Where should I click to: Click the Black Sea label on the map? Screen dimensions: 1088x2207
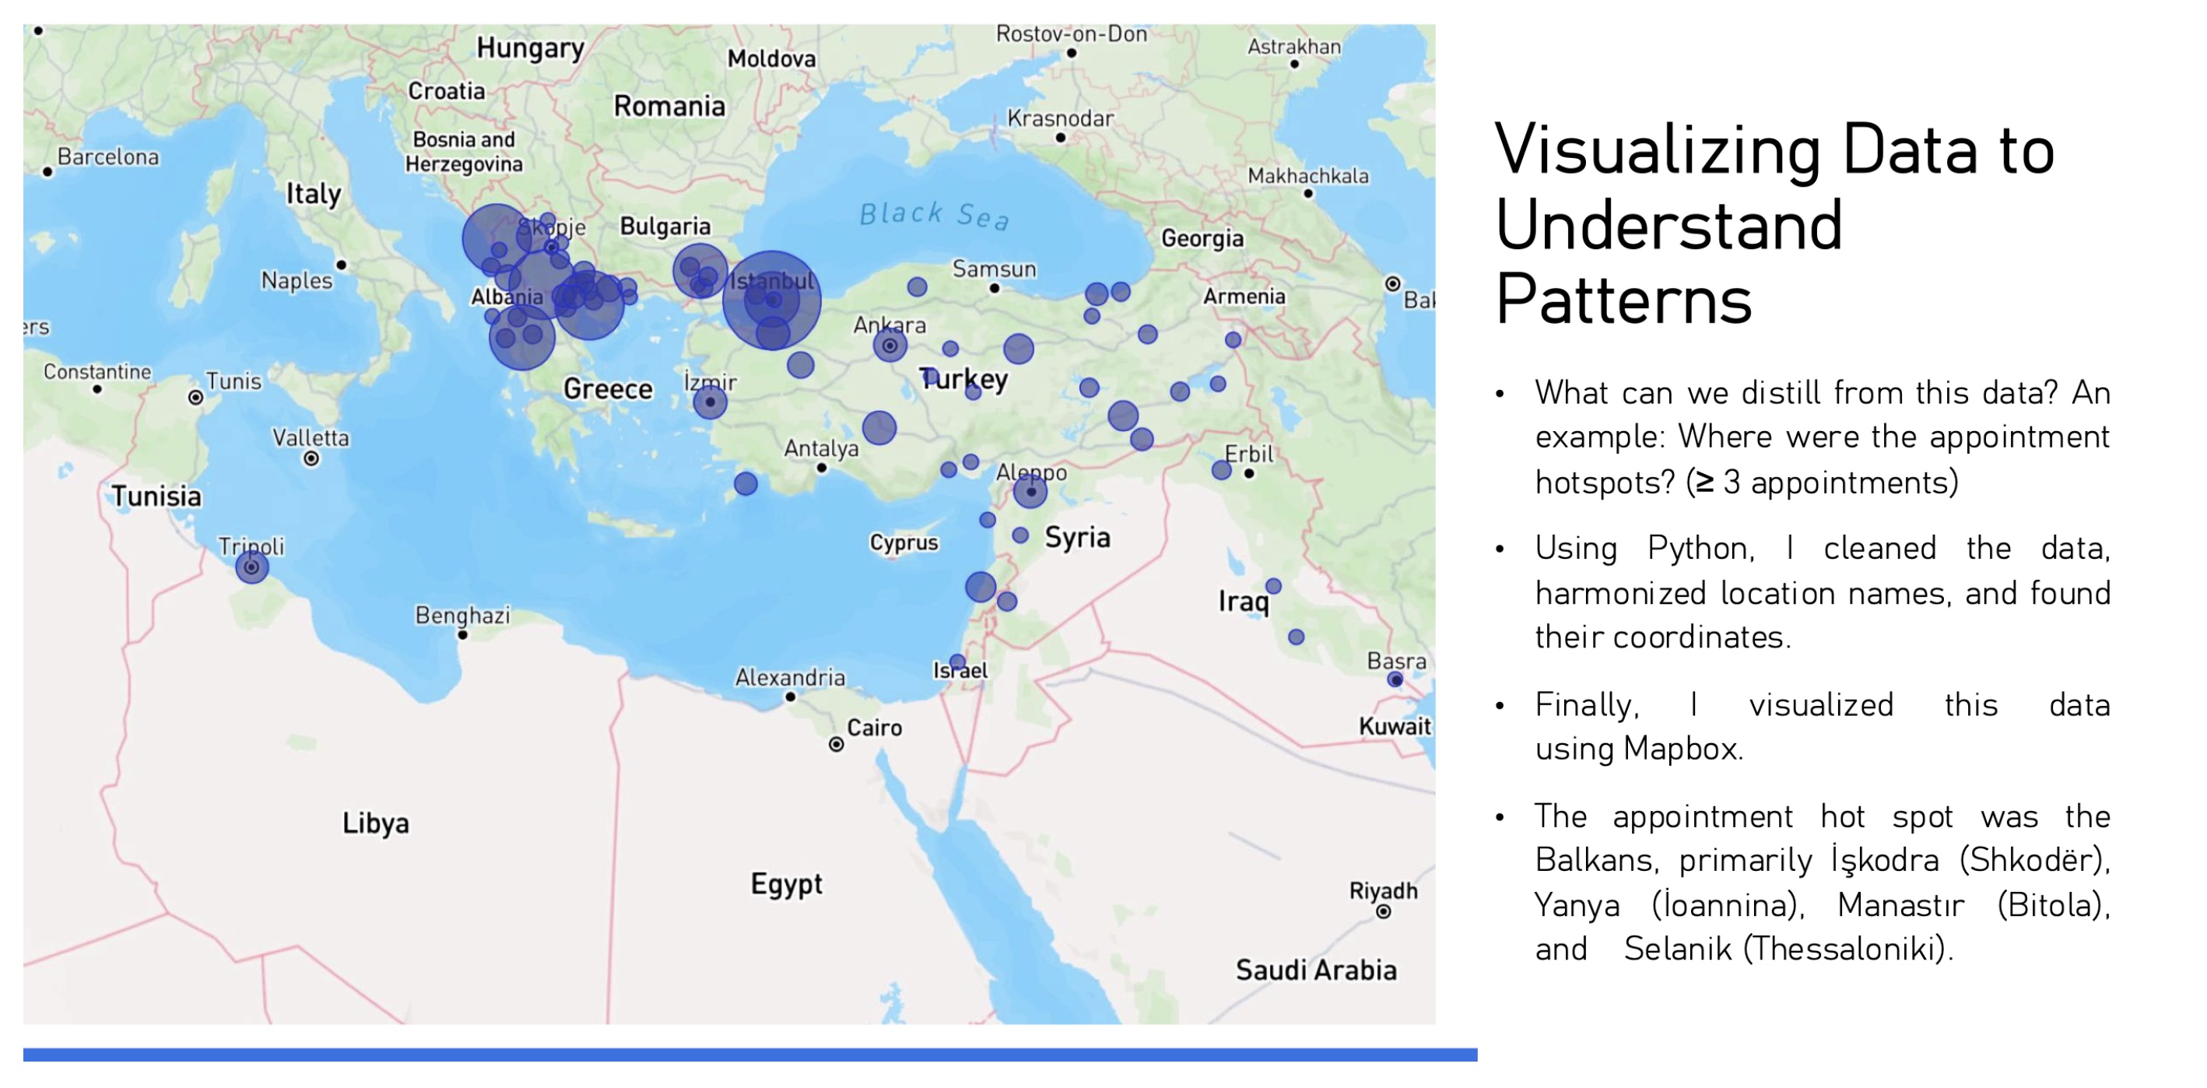coord(934,215)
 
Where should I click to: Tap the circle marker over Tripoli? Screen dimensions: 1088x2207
coord(252,567)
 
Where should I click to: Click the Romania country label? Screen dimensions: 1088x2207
coord(669,106)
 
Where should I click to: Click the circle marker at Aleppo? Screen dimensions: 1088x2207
coord(1030,492)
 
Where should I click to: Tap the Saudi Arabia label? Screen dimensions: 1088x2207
coord(1316,970)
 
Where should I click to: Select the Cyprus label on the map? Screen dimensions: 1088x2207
coord(904,542)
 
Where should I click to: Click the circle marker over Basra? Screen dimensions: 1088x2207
coord(1395,679)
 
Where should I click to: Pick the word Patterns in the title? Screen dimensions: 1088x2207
coord(1623,300)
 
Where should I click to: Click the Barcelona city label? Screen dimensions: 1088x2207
coord(108,156)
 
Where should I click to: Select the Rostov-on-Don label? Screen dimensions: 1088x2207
coord(1071,34)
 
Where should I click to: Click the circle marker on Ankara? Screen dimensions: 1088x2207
coord(890,346)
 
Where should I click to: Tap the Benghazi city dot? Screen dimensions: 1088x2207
coord(463,635)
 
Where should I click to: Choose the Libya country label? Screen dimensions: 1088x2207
coord(375,823)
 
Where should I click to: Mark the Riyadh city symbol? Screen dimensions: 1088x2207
coord(1383,911)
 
